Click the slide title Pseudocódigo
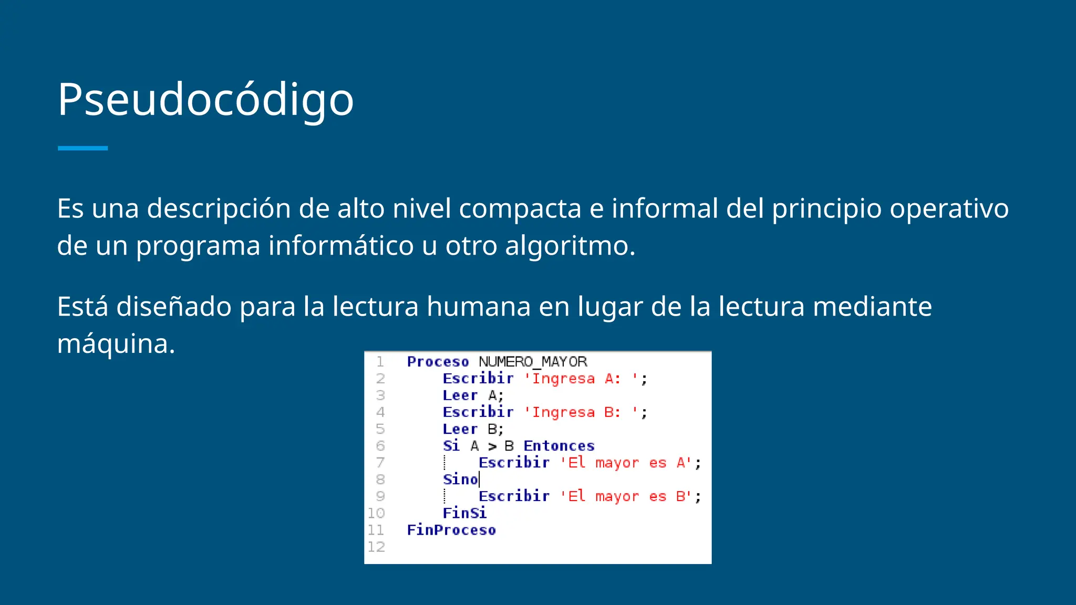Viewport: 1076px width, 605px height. tap(205, 100)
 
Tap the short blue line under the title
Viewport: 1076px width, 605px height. tap(82, 149)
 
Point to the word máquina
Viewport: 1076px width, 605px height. tap(116, 344)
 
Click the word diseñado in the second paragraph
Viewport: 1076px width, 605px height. tap(174, 307)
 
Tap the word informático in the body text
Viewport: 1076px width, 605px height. tap(341, 246)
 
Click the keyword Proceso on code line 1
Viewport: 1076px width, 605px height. tap(438, 362)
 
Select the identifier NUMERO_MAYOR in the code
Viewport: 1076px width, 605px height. tap(532, 362)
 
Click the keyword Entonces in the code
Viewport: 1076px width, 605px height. tap(559, 446)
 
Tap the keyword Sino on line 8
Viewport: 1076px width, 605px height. tap(460, 479)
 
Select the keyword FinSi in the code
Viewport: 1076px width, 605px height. tap(464, 513)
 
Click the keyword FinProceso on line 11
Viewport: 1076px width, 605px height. tap(451, 530)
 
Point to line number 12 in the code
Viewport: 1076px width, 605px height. tap(376, 547)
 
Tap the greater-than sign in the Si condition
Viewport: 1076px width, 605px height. tap(492, 446)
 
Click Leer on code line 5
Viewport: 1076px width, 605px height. tap(460, 429)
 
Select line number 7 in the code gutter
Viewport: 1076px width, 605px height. tap(380, 463)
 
